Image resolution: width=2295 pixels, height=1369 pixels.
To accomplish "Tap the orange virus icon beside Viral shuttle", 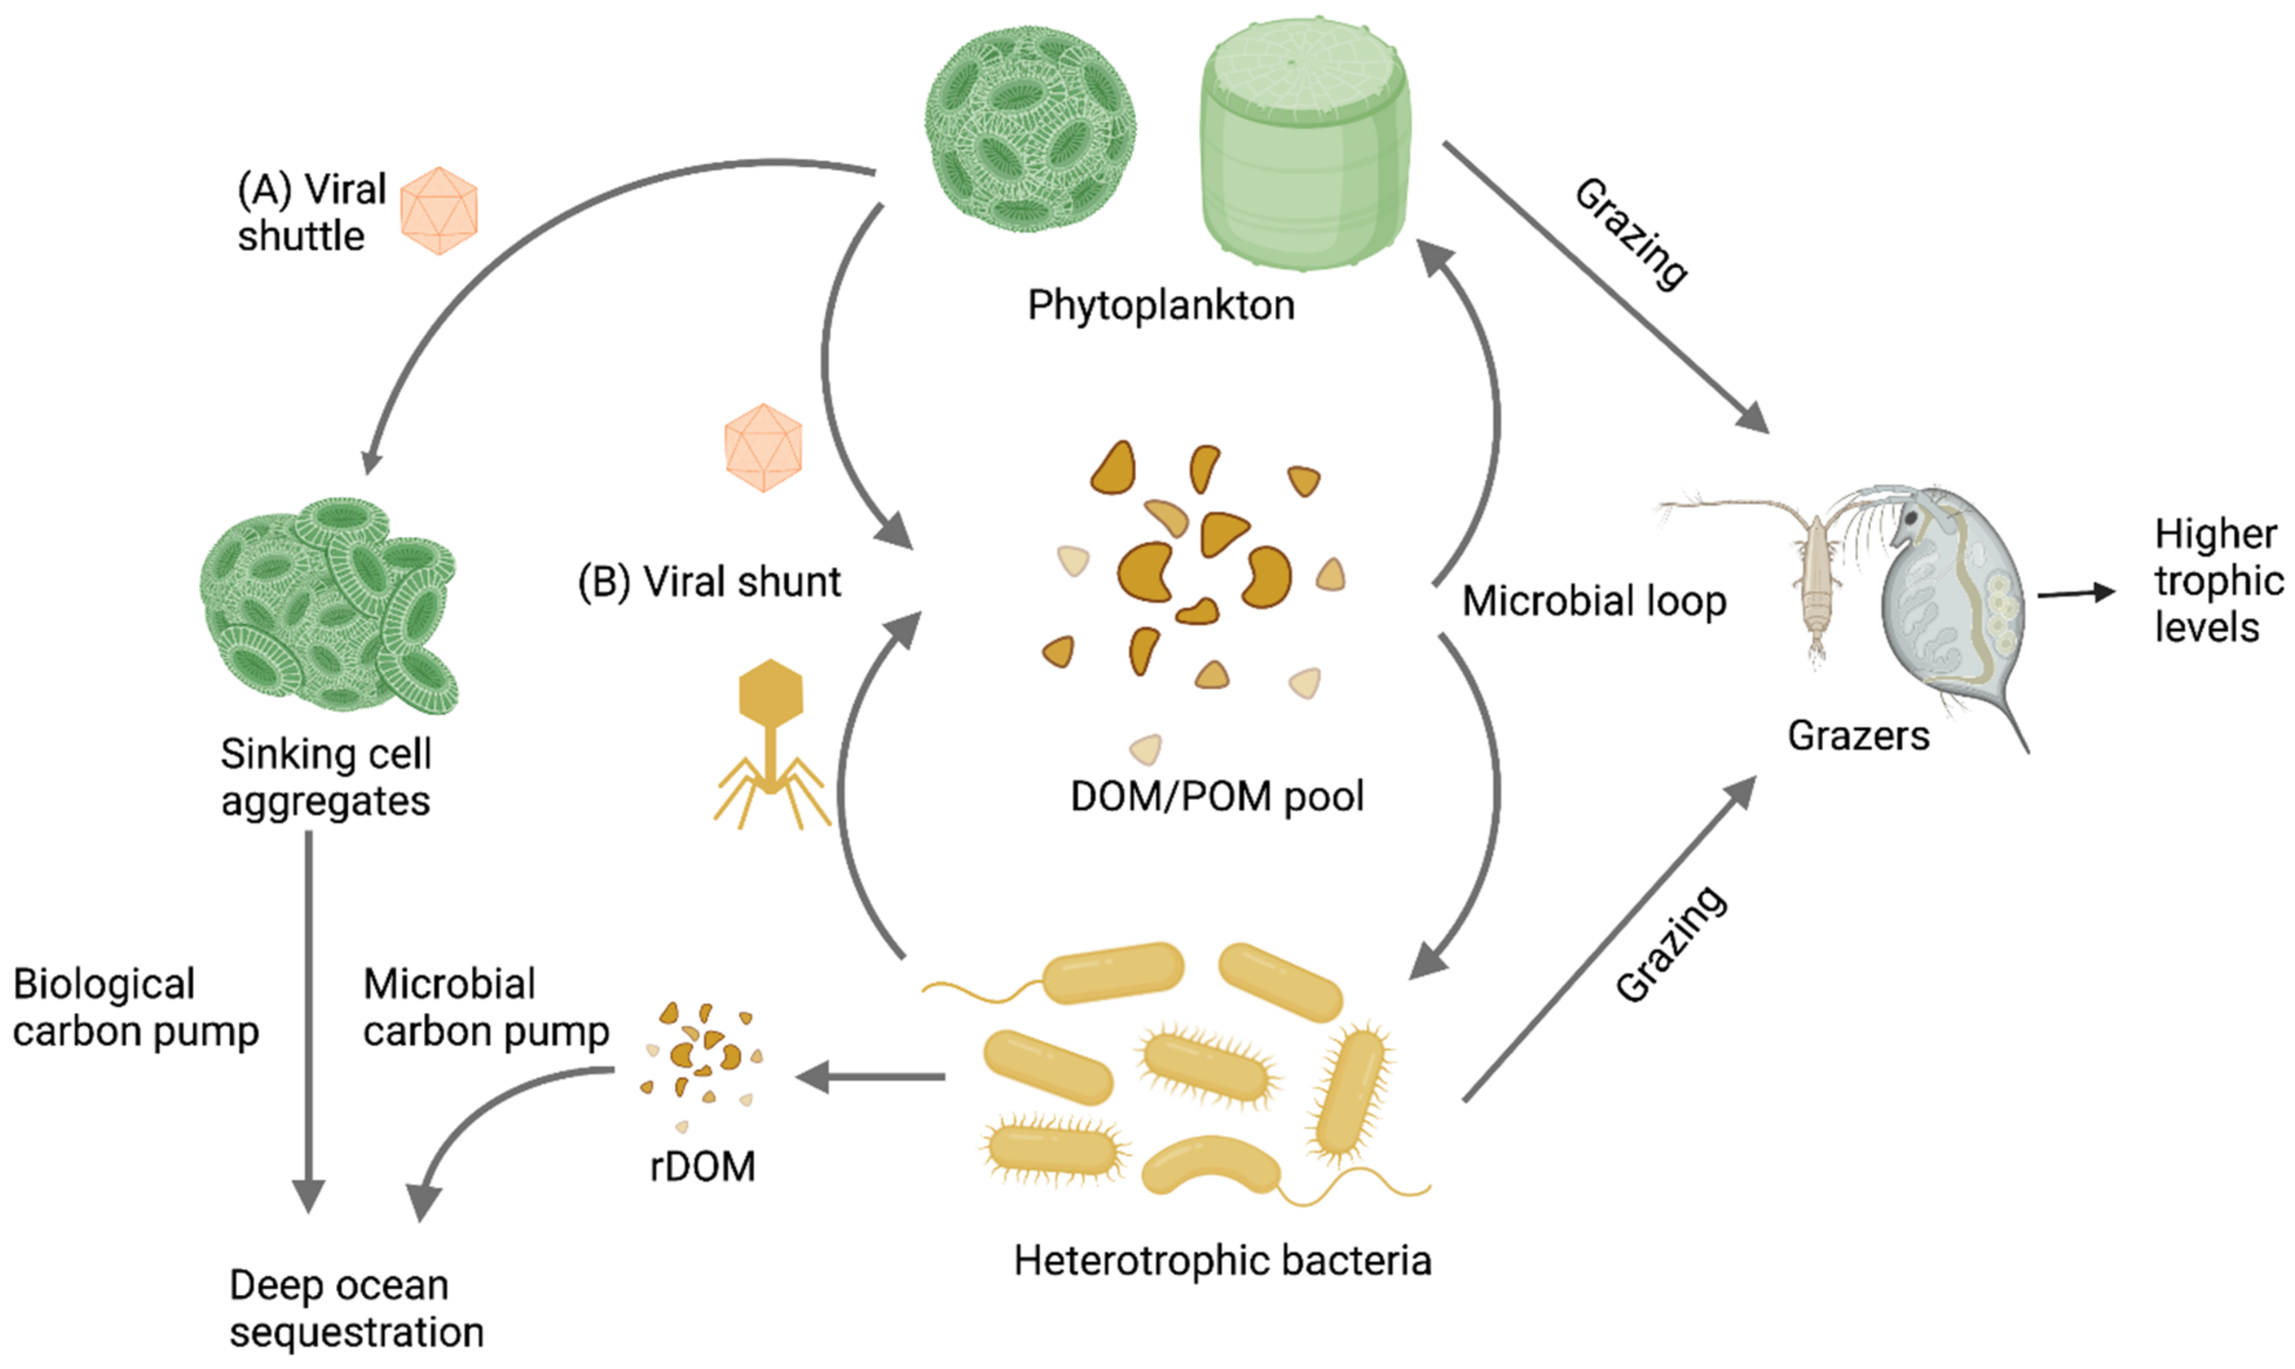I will [439, 210].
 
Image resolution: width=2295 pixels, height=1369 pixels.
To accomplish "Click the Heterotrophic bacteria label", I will [1222, 1260].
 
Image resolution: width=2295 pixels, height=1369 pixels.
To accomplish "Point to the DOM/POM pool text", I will [1217, 796].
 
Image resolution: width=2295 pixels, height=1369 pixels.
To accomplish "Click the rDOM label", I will [703, 1167].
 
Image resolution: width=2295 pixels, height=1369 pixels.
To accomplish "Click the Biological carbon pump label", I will [135, 1007].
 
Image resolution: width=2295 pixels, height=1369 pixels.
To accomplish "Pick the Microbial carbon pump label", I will [486, 1007].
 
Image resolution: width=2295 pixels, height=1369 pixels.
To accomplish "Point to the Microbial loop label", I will [1594, 601].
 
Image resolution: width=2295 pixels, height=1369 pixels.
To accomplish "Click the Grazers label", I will [1858, 736].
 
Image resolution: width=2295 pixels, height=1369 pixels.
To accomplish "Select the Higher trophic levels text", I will [2218, 581].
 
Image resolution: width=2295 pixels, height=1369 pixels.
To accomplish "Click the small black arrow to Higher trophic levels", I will [2075, 593].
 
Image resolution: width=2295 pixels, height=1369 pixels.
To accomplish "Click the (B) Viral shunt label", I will [709, 582].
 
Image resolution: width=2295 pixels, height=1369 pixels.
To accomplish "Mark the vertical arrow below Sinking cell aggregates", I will [308, 1015].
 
